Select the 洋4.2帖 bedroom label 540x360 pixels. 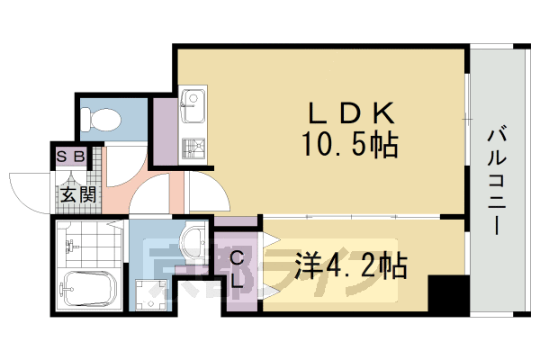click(351, 265)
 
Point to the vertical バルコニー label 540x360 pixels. click(496, 180)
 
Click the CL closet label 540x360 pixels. click(238, 269)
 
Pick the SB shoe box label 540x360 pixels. click(72, 156)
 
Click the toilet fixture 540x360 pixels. click(99, 118)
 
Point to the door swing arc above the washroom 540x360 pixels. click(153, 193)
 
